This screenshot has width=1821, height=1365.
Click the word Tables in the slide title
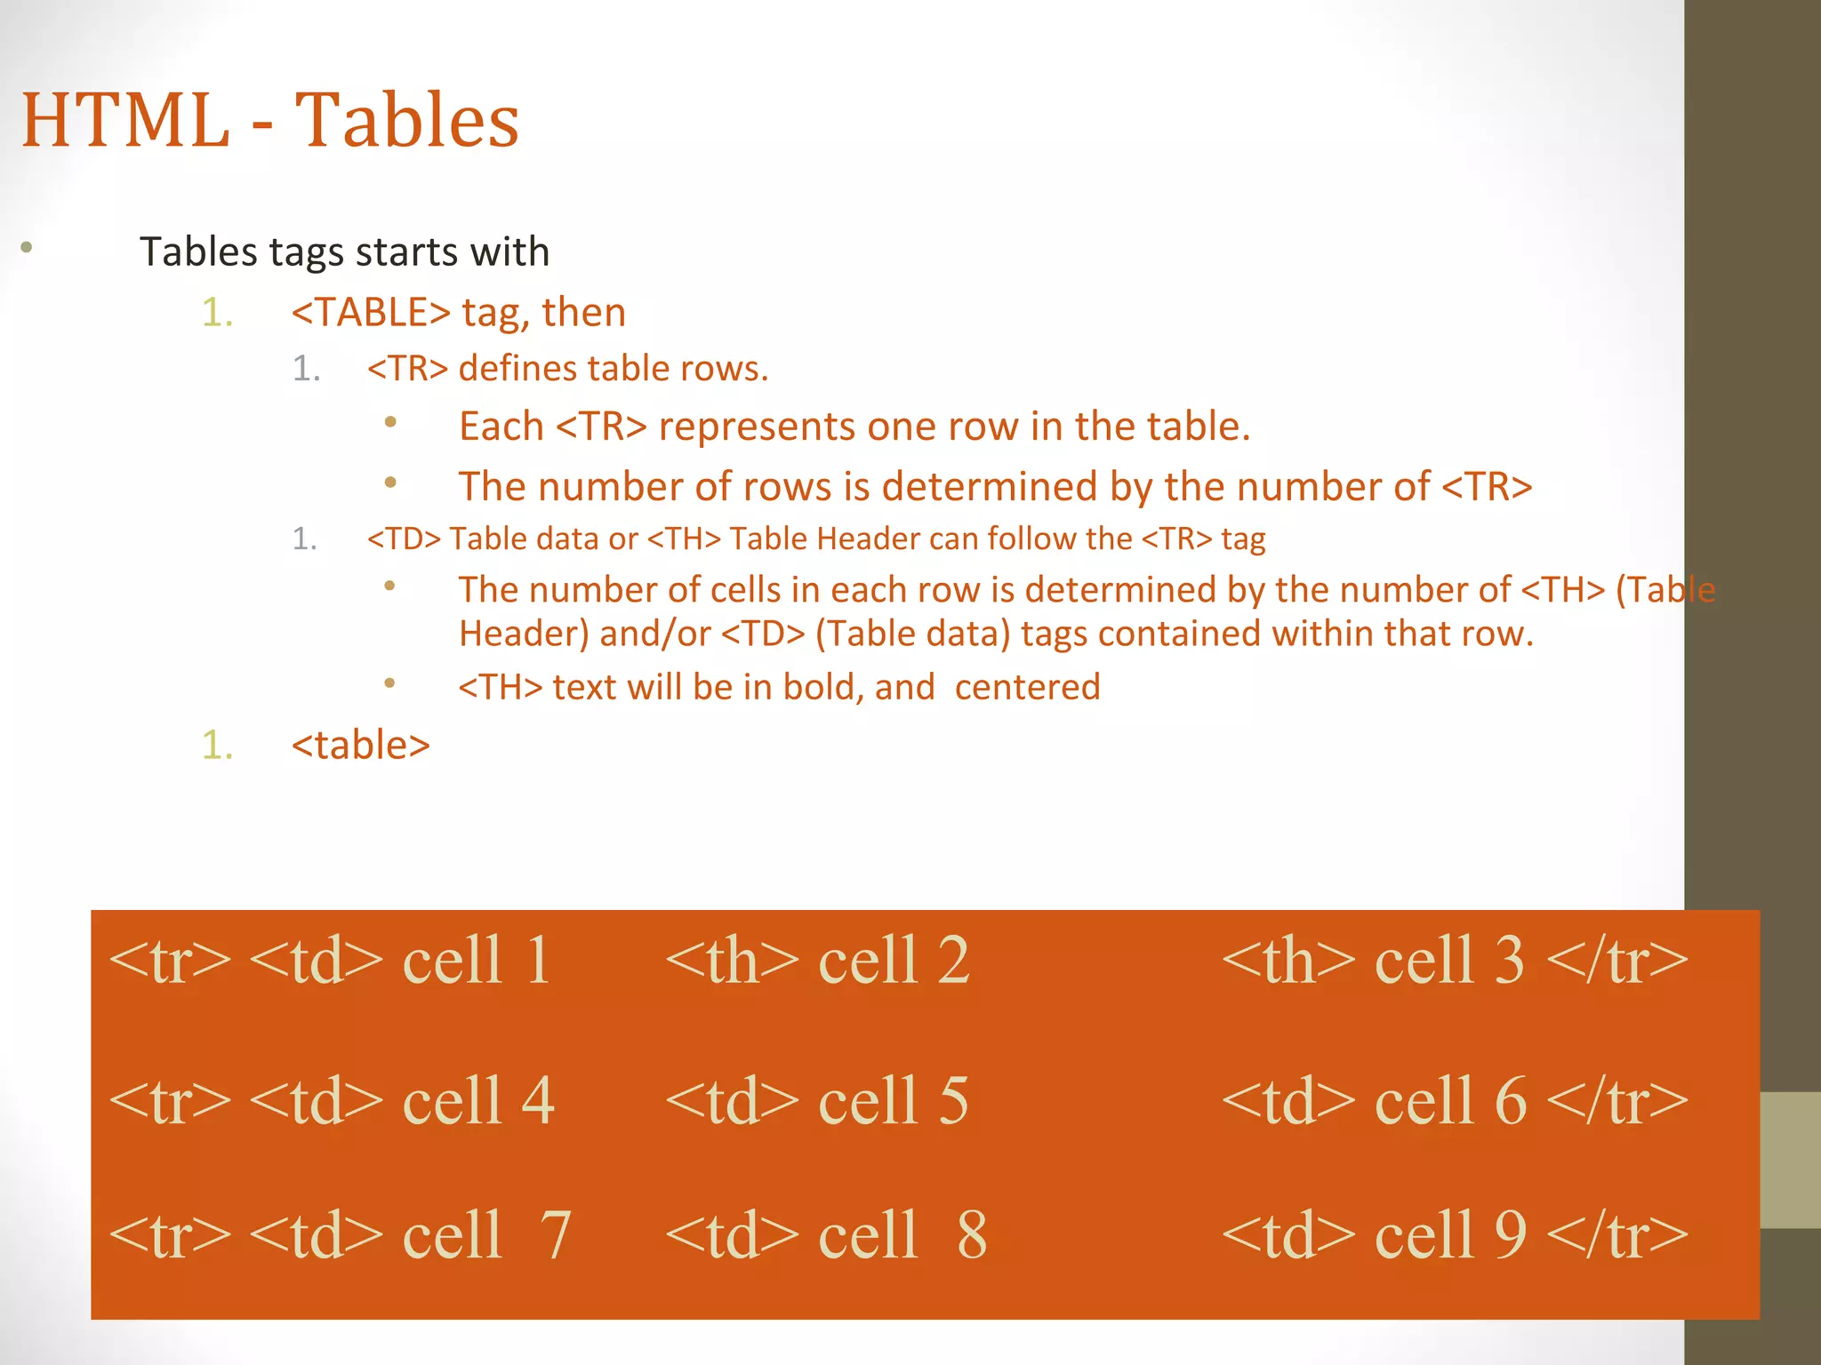click(406, 120)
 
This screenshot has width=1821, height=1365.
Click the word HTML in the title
click(125, 120)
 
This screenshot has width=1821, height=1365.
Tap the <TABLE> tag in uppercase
click(371, 313)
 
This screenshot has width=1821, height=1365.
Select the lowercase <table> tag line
click(360, 745)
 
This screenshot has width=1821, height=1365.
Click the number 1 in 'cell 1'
click(537, 961)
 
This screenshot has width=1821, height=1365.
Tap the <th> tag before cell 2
click(732, 961)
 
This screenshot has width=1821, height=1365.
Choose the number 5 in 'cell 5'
click(952, 1101)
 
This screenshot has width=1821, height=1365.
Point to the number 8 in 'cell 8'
click(972, 1234)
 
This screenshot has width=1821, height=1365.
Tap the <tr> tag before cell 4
click(169, 1101)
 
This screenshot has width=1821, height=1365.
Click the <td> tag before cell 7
click(316, 1234)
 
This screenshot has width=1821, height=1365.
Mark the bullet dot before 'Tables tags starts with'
click(27, 248)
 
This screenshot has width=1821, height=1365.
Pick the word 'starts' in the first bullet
click(405, 252)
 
